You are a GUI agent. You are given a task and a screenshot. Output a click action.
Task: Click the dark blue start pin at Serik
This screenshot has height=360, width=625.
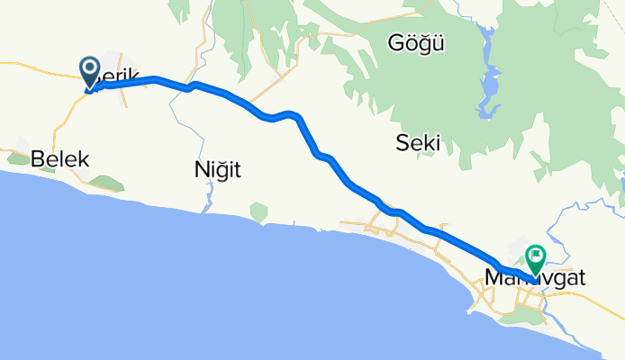tap(91, 69)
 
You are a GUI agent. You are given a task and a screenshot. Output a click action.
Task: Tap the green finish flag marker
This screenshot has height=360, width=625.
tap(535, 258)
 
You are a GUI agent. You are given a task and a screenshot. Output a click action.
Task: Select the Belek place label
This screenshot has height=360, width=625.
tap(59, 160)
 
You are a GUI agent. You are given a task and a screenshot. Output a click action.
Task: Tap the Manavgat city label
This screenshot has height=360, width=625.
tap(535, 278)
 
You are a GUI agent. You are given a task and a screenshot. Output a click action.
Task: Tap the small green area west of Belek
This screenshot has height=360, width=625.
tap(18, 159)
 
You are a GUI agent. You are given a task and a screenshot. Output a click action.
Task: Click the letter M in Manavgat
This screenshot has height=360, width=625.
tap(494, 278)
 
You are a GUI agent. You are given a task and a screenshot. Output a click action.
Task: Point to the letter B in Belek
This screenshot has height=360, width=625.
tap(38, 160)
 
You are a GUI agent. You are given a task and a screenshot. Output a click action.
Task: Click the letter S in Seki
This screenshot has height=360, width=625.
tap(403, 142)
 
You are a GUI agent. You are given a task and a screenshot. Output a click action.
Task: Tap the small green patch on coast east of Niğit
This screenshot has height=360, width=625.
tap(259, 211)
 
